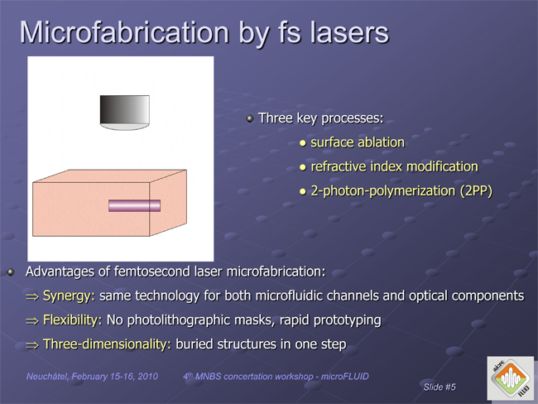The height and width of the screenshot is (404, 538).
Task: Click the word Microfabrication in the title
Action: tap(124, 32)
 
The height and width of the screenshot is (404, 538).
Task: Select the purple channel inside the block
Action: tap(134, 205)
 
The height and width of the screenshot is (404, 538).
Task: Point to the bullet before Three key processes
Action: tap(250, 118)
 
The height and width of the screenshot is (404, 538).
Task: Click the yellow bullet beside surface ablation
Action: tap(302, 143)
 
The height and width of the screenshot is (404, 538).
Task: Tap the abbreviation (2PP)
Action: tap(476, 191)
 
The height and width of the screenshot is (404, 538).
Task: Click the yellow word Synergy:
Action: tap(69, 296)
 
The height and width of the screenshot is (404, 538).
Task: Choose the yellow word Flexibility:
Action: tap(72, 320)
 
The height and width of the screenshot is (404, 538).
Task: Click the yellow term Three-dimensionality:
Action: tap(107, 344)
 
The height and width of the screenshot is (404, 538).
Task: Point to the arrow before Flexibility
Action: tap(32, 321)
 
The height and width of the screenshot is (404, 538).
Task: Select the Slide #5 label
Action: tap(440, 387)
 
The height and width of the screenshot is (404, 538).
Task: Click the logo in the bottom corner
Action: tap(511, 378)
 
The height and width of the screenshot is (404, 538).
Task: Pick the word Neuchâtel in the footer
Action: tap(48, 377)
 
